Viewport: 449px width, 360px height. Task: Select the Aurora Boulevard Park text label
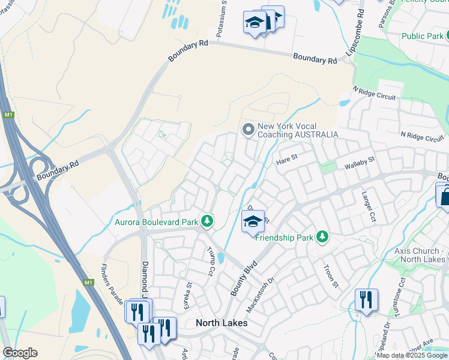point(157,222)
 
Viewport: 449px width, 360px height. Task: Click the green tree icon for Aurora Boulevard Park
point(207,222)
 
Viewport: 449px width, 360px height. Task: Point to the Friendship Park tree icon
point(322,237)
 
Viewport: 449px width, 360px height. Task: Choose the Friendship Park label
point(285,238)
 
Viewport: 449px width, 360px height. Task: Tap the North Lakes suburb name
point(221,323)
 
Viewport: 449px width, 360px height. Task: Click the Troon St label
point(331,277)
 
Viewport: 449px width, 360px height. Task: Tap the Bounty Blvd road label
point(244,277)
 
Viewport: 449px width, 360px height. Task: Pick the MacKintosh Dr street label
point(260,294)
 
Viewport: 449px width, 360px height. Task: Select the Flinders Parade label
point(112,283)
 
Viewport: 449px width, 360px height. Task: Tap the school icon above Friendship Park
point(253,221)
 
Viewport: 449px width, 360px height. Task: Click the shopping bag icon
point(444,196)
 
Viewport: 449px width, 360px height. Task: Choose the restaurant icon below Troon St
point(366,299)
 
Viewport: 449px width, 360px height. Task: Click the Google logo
point(20,353)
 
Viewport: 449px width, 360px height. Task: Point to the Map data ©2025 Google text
point(411,355)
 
